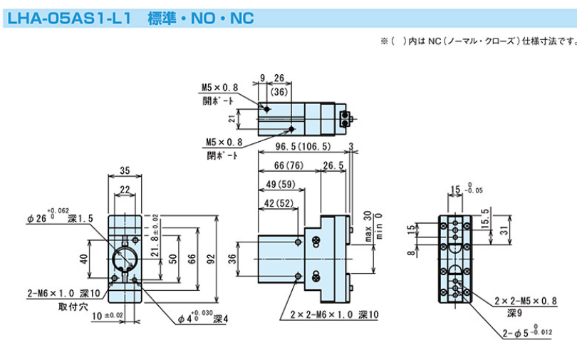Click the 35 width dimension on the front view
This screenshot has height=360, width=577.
point(125,171)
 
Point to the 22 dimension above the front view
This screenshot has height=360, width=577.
point(125,189)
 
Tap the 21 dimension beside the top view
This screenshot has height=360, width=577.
point(241,118)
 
